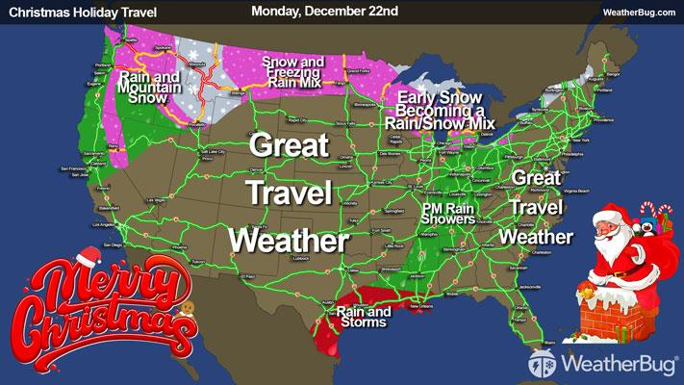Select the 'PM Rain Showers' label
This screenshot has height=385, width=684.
click(x=448, y=213)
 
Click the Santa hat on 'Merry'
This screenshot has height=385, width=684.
click(x=88, y=256)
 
